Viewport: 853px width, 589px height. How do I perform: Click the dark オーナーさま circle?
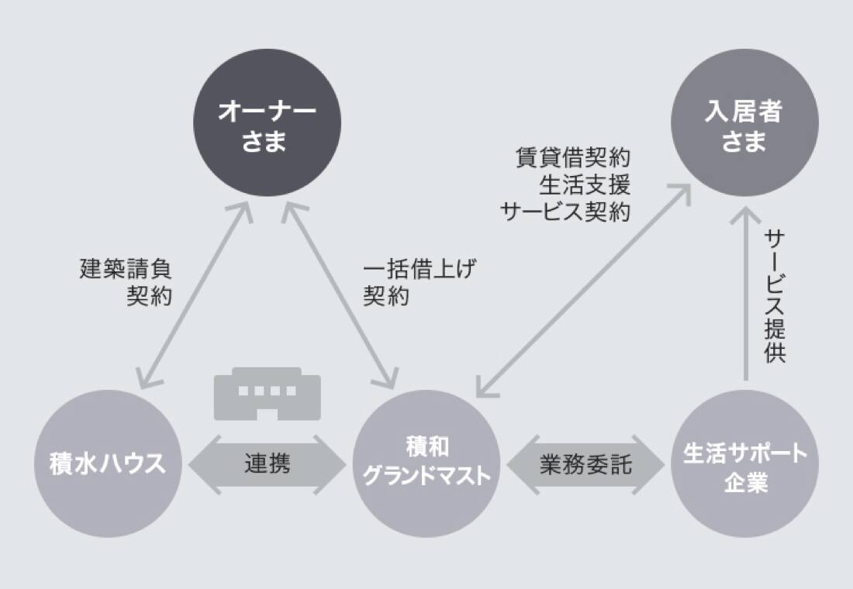pos(267,123)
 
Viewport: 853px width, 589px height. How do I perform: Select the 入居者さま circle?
pos(744,123)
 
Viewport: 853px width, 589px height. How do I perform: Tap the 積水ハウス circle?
pos(107,464)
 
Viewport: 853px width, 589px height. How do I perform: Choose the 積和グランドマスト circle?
pos(427,464)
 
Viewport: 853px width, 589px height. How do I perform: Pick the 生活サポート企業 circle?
pos(744,464)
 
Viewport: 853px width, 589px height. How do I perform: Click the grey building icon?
pos(267,394)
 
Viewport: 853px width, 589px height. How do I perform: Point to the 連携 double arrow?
pos(267,464)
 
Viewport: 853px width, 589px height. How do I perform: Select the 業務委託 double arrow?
pos(586,464)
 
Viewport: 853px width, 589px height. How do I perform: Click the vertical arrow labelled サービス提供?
pos(746,294)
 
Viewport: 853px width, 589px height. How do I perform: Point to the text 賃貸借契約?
pos(573,158)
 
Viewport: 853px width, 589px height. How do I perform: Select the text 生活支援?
pos(585,185)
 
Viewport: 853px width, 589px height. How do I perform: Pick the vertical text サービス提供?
pos(775,296)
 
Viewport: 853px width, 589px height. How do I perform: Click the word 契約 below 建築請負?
pos(150,296)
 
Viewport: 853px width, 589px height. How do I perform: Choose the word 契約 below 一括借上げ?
pos(386,296)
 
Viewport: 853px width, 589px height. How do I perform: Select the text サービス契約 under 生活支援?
pos(565,212)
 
